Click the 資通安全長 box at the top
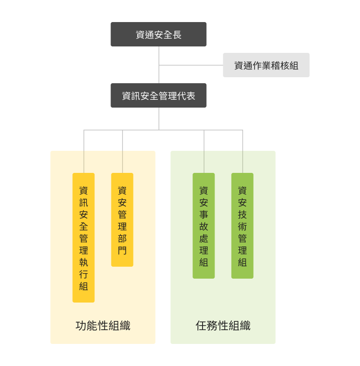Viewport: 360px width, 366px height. coord(158,34)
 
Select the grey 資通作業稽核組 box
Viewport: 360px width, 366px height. coord(266,65)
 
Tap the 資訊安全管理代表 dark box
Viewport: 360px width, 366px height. coord(158,96)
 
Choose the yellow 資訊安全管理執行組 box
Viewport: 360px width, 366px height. coord(83,237)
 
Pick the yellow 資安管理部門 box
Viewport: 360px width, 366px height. coord(122,220)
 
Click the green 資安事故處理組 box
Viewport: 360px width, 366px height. coord(203,225)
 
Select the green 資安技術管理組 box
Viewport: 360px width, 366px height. coord(242,225)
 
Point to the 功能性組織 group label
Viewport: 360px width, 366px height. coord(103,326)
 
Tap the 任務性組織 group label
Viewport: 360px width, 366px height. coord(223,326)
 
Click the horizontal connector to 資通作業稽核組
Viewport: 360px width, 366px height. coord(191,65)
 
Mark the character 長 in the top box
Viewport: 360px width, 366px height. coord(177,34)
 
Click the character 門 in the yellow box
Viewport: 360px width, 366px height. coord(122,251)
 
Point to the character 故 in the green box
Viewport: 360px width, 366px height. coord(203,226)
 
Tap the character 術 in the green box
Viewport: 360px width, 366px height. coord(242,226)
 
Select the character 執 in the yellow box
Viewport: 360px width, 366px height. coord(83,262)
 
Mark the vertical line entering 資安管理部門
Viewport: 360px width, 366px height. coord(122,152)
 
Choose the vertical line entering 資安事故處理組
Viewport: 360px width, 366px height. coord(204,152)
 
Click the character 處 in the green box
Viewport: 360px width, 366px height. coord(203,238)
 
